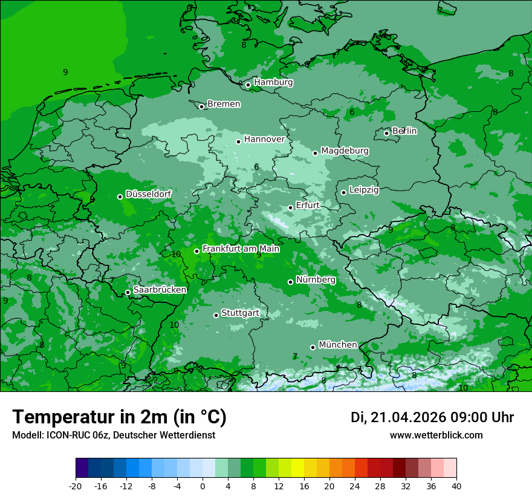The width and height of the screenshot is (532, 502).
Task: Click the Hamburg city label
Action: tap(273, 82)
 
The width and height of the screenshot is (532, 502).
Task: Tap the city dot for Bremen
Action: tap(201, 106)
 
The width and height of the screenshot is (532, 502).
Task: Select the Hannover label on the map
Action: tap(264, 139)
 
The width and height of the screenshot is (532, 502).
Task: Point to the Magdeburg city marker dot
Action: tap(315, 153)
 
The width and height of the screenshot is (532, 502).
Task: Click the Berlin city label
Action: tap(404, 131)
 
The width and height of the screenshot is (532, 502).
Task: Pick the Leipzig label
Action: tap(364, 190)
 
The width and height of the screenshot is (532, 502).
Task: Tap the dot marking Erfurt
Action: tap(290, 207)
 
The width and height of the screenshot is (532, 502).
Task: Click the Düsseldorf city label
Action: tap(148, 194)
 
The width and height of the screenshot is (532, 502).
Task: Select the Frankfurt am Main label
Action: tap(241, 249)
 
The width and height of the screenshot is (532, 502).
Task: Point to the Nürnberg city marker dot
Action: tap(290, 282)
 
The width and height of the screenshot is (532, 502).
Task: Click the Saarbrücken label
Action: tap(160, 290)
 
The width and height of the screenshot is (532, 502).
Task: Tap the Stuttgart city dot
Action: tap(216, 315)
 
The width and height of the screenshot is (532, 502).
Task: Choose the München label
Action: tap(338, 345)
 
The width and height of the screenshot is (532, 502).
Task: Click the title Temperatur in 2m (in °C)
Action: tap(119, 417)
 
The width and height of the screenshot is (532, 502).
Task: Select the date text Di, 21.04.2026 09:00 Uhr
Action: tap(432, 417)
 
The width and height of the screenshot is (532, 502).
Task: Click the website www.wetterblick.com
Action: tap(436, 435)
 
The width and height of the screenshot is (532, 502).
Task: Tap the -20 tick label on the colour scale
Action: tap(76, 486)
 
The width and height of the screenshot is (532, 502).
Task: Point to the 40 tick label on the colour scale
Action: tap(456, 486)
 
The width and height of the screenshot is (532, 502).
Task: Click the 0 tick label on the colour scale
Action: tap(203, 486)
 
